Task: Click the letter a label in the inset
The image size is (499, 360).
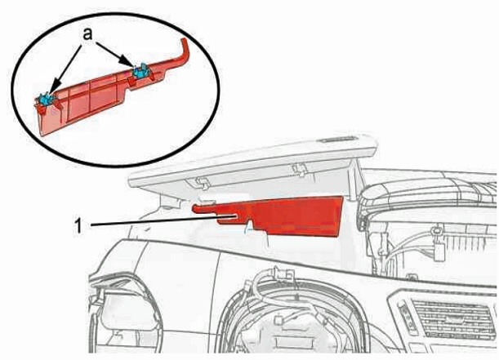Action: coord(87,34)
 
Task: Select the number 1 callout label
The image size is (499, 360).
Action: coord(78,226)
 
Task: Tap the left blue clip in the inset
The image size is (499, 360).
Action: coord(46,100)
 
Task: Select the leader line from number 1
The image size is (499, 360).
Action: coord(164,220)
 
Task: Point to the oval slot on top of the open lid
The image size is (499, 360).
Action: coord(338,140)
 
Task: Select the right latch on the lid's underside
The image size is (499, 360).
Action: coord(300,169)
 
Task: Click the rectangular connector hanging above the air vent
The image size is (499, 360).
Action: coord(439,251)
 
